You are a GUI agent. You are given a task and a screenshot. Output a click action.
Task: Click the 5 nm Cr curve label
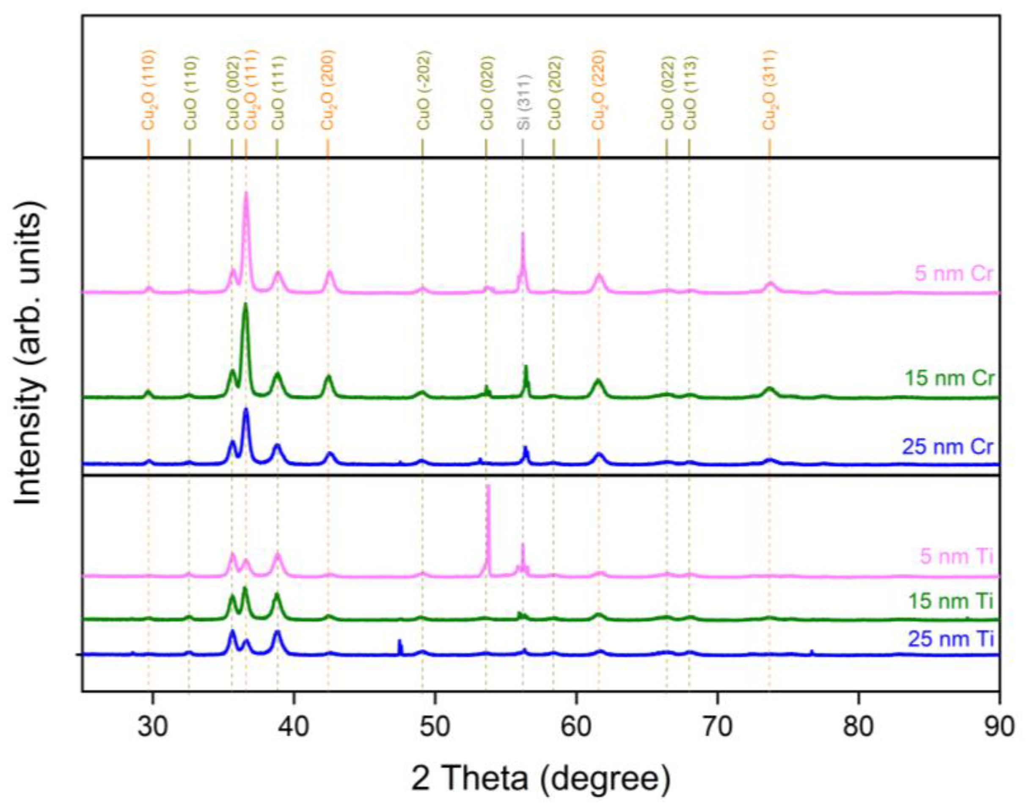pyautogui.click(x=953, y=274)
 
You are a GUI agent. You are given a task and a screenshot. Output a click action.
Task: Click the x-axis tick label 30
pyautogui.click(x=153, y=727)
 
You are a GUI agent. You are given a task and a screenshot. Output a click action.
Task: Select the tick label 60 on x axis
pyautogui.click(x=576, y=727)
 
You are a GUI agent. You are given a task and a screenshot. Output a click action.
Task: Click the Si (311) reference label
pyautogui.click(x=523, y=102)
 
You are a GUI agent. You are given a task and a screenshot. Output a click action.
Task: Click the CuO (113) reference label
pyautogui.click(x=689, y=93)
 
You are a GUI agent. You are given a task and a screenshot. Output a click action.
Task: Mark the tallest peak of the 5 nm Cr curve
pyautogui.click(x=245, y=194)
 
